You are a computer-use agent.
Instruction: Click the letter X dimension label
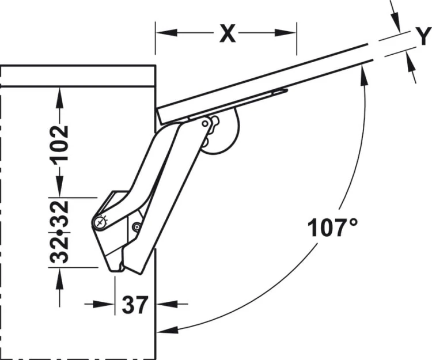point(228,33)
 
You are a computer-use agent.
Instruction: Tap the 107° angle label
point(333,228)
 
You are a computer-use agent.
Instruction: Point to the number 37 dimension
point(135,305)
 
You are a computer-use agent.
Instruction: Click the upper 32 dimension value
point(59,214)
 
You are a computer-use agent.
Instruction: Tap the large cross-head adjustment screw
point(100,222)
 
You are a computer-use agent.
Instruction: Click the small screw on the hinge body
point(137,227)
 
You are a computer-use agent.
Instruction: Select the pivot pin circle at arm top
point(205,124)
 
